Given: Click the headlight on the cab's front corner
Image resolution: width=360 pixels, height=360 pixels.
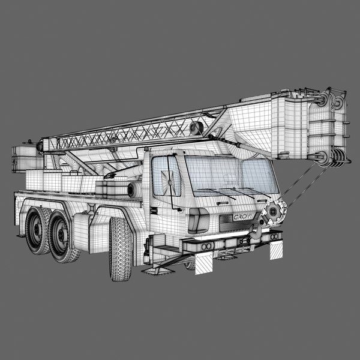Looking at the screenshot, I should click(198, 221).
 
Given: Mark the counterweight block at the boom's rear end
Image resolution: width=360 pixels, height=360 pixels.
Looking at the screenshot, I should click(25, 157).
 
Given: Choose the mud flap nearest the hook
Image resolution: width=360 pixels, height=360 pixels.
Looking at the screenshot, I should click(277, 248).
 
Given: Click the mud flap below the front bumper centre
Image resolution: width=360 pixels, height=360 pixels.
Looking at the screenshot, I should click(205, 262).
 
